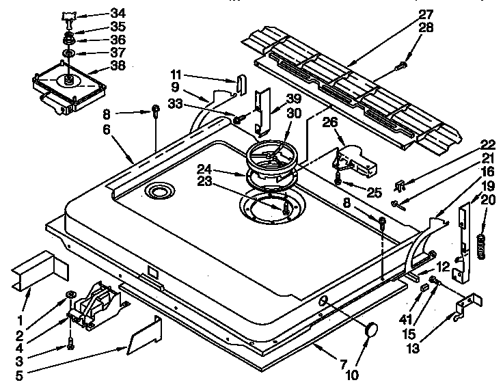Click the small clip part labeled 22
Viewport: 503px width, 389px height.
403,185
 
